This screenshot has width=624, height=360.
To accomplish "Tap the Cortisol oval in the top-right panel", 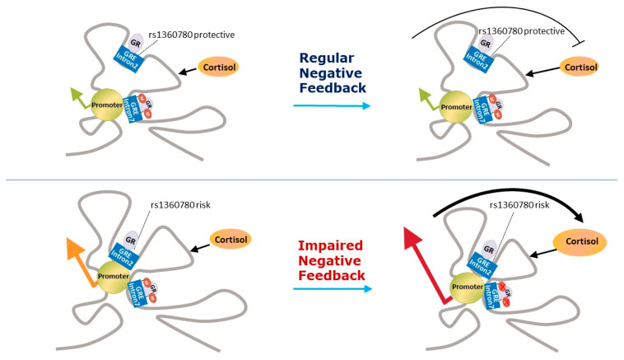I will [x=580, y=67].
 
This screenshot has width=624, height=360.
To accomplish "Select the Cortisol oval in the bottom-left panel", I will [x=231, y=240].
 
